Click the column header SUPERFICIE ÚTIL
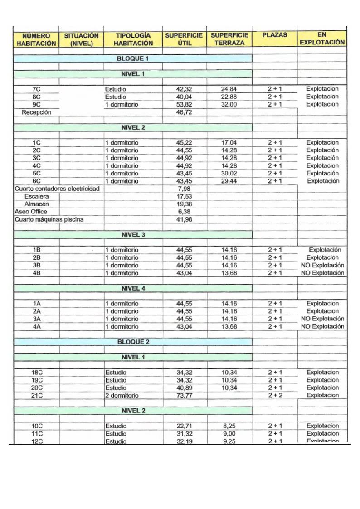click(x=184, y=39)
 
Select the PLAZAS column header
click(x=274, y=35)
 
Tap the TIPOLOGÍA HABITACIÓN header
click(x=133, y=39)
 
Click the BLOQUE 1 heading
click(x=133, y=58)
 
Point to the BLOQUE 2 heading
click(x=133, y=342)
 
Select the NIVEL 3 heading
click(x=133, y=235)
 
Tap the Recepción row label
click(x=37, y=112)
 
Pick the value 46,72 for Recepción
click(x=184, y=112)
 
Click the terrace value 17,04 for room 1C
click(x=229, y=143)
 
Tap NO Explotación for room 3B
click(x=322, y=265)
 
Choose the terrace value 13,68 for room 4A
click(x=229, y=326)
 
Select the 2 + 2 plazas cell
click(x=274, y=395)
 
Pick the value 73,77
click(x=184, y=395)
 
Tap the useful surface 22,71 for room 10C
click(x=184, y=426)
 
